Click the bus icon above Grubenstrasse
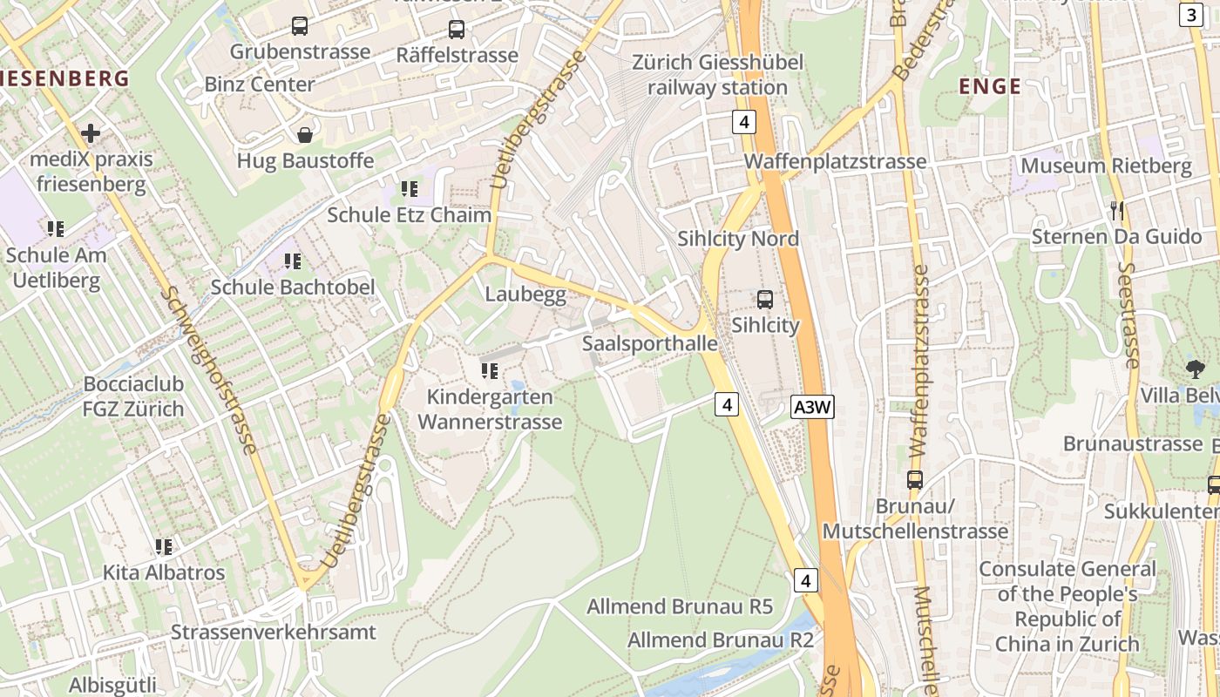click(300, 26)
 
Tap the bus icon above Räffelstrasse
click(457, 30)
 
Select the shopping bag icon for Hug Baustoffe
click(306, 135)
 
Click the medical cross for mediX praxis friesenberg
click(90, 133)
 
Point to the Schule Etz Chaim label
click(409, 214)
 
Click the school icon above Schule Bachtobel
click(293, 261)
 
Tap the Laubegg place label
click(525, 294)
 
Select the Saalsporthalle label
click(650, 343)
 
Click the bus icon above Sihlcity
click(765, 300)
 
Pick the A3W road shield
click(813, 407)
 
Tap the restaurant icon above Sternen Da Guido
click(1117, 211)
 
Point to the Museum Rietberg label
click(1106, 166)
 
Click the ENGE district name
click(989, 86)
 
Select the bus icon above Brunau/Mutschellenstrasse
click(915, 480)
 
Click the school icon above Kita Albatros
click(164, 547)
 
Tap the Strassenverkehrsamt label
click(274, 632)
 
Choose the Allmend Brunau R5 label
click(680, 606)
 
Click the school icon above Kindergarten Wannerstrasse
click(490, 371)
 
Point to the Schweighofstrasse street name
click(209, 371)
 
